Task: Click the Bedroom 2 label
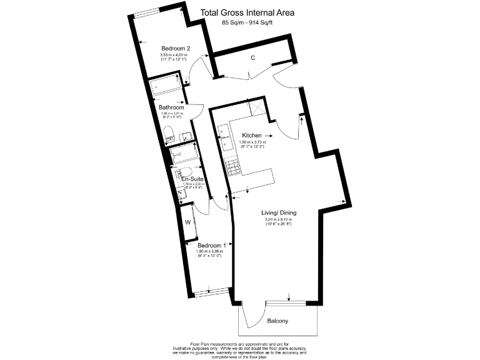pyautogui.click(x=176, y=49)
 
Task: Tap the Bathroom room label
pyautogui.click(x=166, y=106)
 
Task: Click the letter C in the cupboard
pyautogui.click(x=253, y=58)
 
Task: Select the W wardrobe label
pyautogui.click(x=187, y=222)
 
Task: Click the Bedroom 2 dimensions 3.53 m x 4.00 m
pyautogui.click(x=176, y=57)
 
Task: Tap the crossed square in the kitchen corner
pyautogui.click(x=257, y=107)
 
